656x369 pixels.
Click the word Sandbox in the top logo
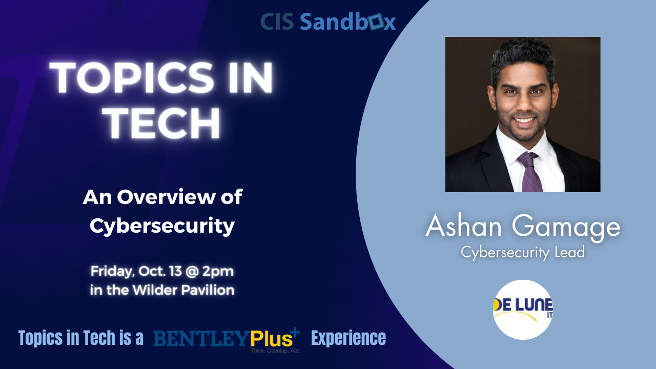pyautogui.click(x=348, y=22)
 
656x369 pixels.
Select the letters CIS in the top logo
pyautogui.click(x=277, y=22)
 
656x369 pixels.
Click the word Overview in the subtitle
pyautogui.click(x=166, y=197)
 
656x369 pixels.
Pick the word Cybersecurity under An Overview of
pyautogui.click(x=162, y=226)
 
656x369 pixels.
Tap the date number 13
pyautogui.click(x=175, y=271)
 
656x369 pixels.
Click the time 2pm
pyautogui.click(x=218, y=272)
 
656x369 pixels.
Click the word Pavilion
pyautogui.click(x=208, y=290)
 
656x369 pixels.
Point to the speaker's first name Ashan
pyautogui.click(x=463, y=226)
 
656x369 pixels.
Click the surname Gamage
pyautogui.click(x=566, y=228)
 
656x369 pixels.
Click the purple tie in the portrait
pyautogui.click(x=529, y=172)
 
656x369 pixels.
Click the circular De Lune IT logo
pyautogui.click(x=523, y=310)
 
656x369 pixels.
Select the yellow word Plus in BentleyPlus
pyautogui.click(x=272, y=339)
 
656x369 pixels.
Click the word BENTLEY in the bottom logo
pyautogui.click(x=202, y=338)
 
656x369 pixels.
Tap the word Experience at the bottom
pyautogui.click(x=348, y=338)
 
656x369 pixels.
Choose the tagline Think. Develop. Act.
pyautogui.click(x=275, y=351)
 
